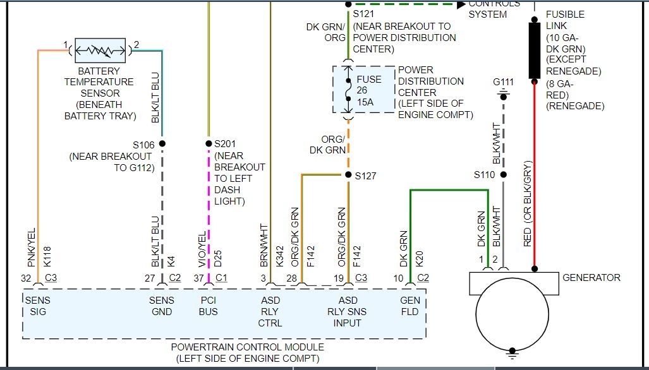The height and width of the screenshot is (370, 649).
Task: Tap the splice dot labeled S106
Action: [162, 144]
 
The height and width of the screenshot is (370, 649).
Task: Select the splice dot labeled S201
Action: [209, 144]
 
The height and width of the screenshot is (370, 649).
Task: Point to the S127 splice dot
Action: [348, 176]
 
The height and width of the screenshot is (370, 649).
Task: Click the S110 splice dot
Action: [504, 175]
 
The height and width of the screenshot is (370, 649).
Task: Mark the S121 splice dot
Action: [348, 4]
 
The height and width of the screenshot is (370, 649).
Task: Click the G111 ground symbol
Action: [504, 94]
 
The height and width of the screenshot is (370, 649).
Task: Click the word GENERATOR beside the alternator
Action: [591, 277]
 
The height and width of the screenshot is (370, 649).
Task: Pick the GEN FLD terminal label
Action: [410, 306]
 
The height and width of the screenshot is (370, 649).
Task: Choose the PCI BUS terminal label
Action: [209, 306]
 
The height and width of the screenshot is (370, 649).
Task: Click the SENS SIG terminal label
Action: [37, 306]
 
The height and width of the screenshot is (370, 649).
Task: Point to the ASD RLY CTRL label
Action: [271, 312]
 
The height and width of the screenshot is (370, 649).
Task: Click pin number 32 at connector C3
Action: [27, 277]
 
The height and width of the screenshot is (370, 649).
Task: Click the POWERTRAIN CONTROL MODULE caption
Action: [247, 347]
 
